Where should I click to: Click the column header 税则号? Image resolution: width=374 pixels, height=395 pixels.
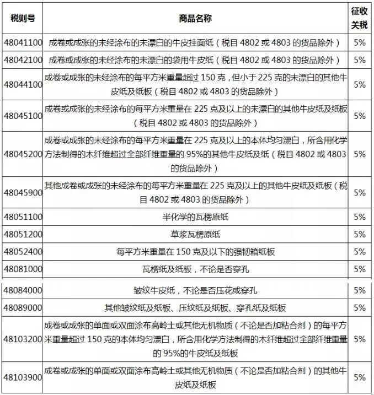(x=23, y=18)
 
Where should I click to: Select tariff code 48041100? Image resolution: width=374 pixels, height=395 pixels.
(x=23, y=42)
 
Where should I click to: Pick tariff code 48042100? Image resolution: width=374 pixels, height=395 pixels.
(x=23, y=59)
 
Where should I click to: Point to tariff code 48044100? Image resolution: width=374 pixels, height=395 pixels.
(x=23, y=84)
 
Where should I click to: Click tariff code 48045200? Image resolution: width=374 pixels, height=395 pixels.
(x=23, y=154)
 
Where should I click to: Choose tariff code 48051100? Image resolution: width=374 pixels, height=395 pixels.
(x=23, y=217)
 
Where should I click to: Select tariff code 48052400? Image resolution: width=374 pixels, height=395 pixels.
(x=23, y=252)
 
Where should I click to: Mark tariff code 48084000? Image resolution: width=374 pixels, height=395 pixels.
(x=23, y=290)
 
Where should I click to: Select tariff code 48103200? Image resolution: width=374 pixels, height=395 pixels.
(x=23, y=338)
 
